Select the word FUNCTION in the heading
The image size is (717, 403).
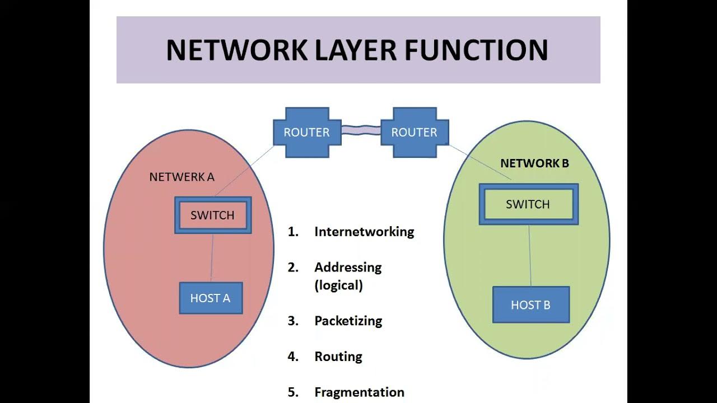tap(476, 50)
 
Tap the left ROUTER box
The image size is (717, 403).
tap(306, 133)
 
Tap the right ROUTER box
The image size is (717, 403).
tap(414, 133)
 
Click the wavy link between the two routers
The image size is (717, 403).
tap(360, 132)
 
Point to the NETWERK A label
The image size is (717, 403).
tap(181, 177)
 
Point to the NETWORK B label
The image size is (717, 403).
tap(534, 163)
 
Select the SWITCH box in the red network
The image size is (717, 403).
tap(212, 215)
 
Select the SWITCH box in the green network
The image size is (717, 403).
tap(528, 204)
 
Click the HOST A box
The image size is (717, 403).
tap(211, 298)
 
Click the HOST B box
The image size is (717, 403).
tap(530, 305)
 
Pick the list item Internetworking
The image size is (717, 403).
tap(364, 232)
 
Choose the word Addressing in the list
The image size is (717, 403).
tap(348, 268)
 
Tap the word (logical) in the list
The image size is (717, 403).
tap(338, 285)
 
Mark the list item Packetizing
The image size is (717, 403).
tap(348, 321)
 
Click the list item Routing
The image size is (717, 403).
tap(338, 357)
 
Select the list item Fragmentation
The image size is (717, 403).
tap(359, 392)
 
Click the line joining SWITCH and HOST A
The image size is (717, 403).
tap(212, 257)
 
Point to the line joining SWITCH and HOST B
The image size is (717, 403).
tap(530, 255)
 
